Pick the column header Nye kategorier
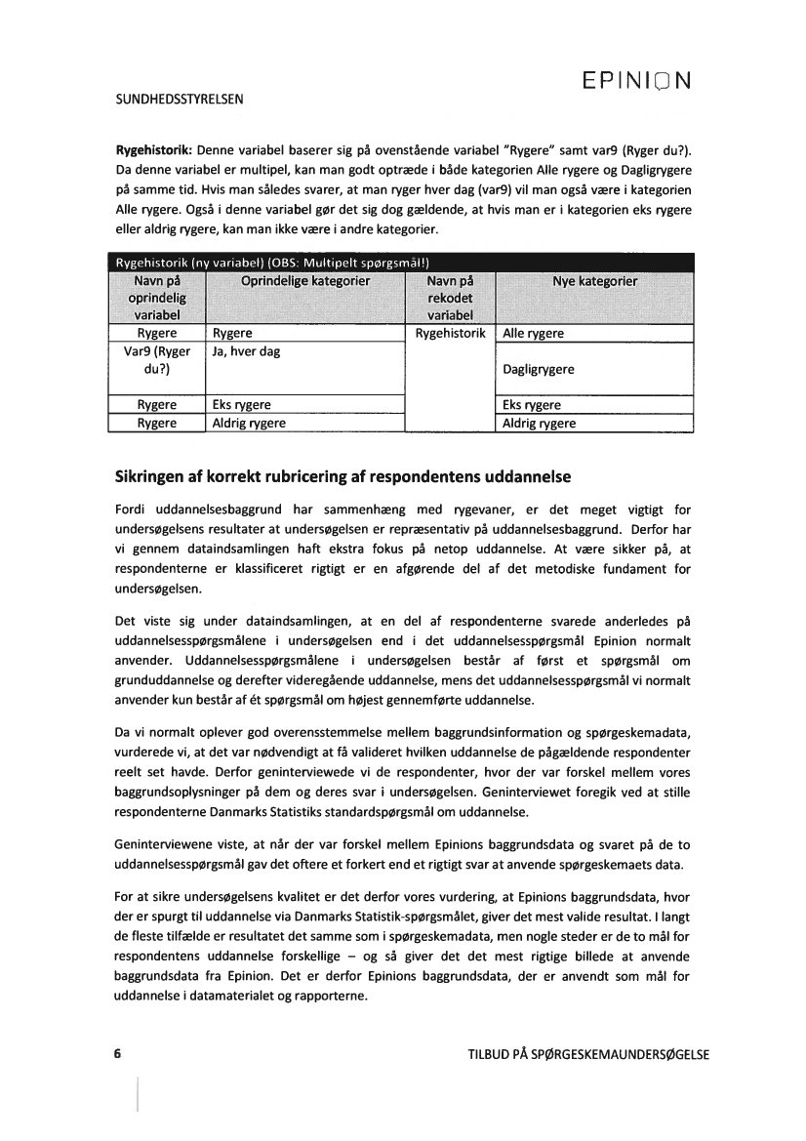point(594,281)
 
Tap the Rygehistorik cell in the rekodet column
point(450,334)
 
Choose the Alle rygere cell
point(533,334)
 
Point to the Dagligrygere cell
point(539,370)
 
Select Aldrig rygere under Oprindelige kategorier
point(250,423)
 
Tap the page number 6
point(118,1055)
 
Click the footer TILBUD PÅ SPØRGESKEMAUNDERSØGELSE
point(588,1055)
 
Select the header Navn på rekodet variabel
point(450,298)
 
